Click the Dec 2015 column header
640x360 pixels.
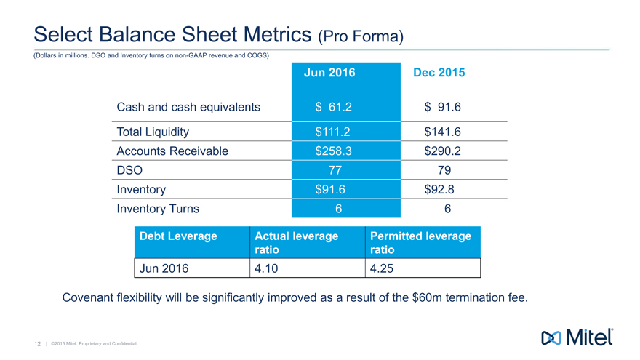pyautogui.click(x=439, y=73)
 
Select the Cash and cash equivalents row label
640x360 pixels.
pyautogui.click(x=188, y=108)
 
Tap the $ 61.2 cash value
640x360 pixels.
pyautogui.click(x=335, y=108)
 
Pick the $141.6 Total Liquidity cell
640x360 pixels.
pyautogui.click(x=443, y=132)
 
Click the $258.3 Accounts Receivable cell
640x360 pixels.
pyautogui.click(x=335, y=151)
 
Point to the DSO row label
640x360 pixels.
pyautogui.click(x=129, y=170)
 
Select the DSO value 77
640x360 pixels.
pyautogui.click(x=335, y=170)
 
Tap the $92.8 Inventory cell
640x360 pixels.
pyautogui.click(x=443, y=189)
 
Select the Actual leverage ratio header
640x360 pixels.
pyautogui.click(x=296, y=243)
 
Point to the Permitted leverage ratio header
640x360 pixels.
pyautogui.click(x=420, y=243)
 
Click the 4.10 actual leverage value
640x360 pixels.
pyautogui.click(x=268, y=268)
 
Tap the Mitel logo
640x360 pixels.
pyautogui.click(x=577, y=337)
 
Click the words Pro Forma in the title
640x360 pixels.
pyautogui.click(x=360, y=34)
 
